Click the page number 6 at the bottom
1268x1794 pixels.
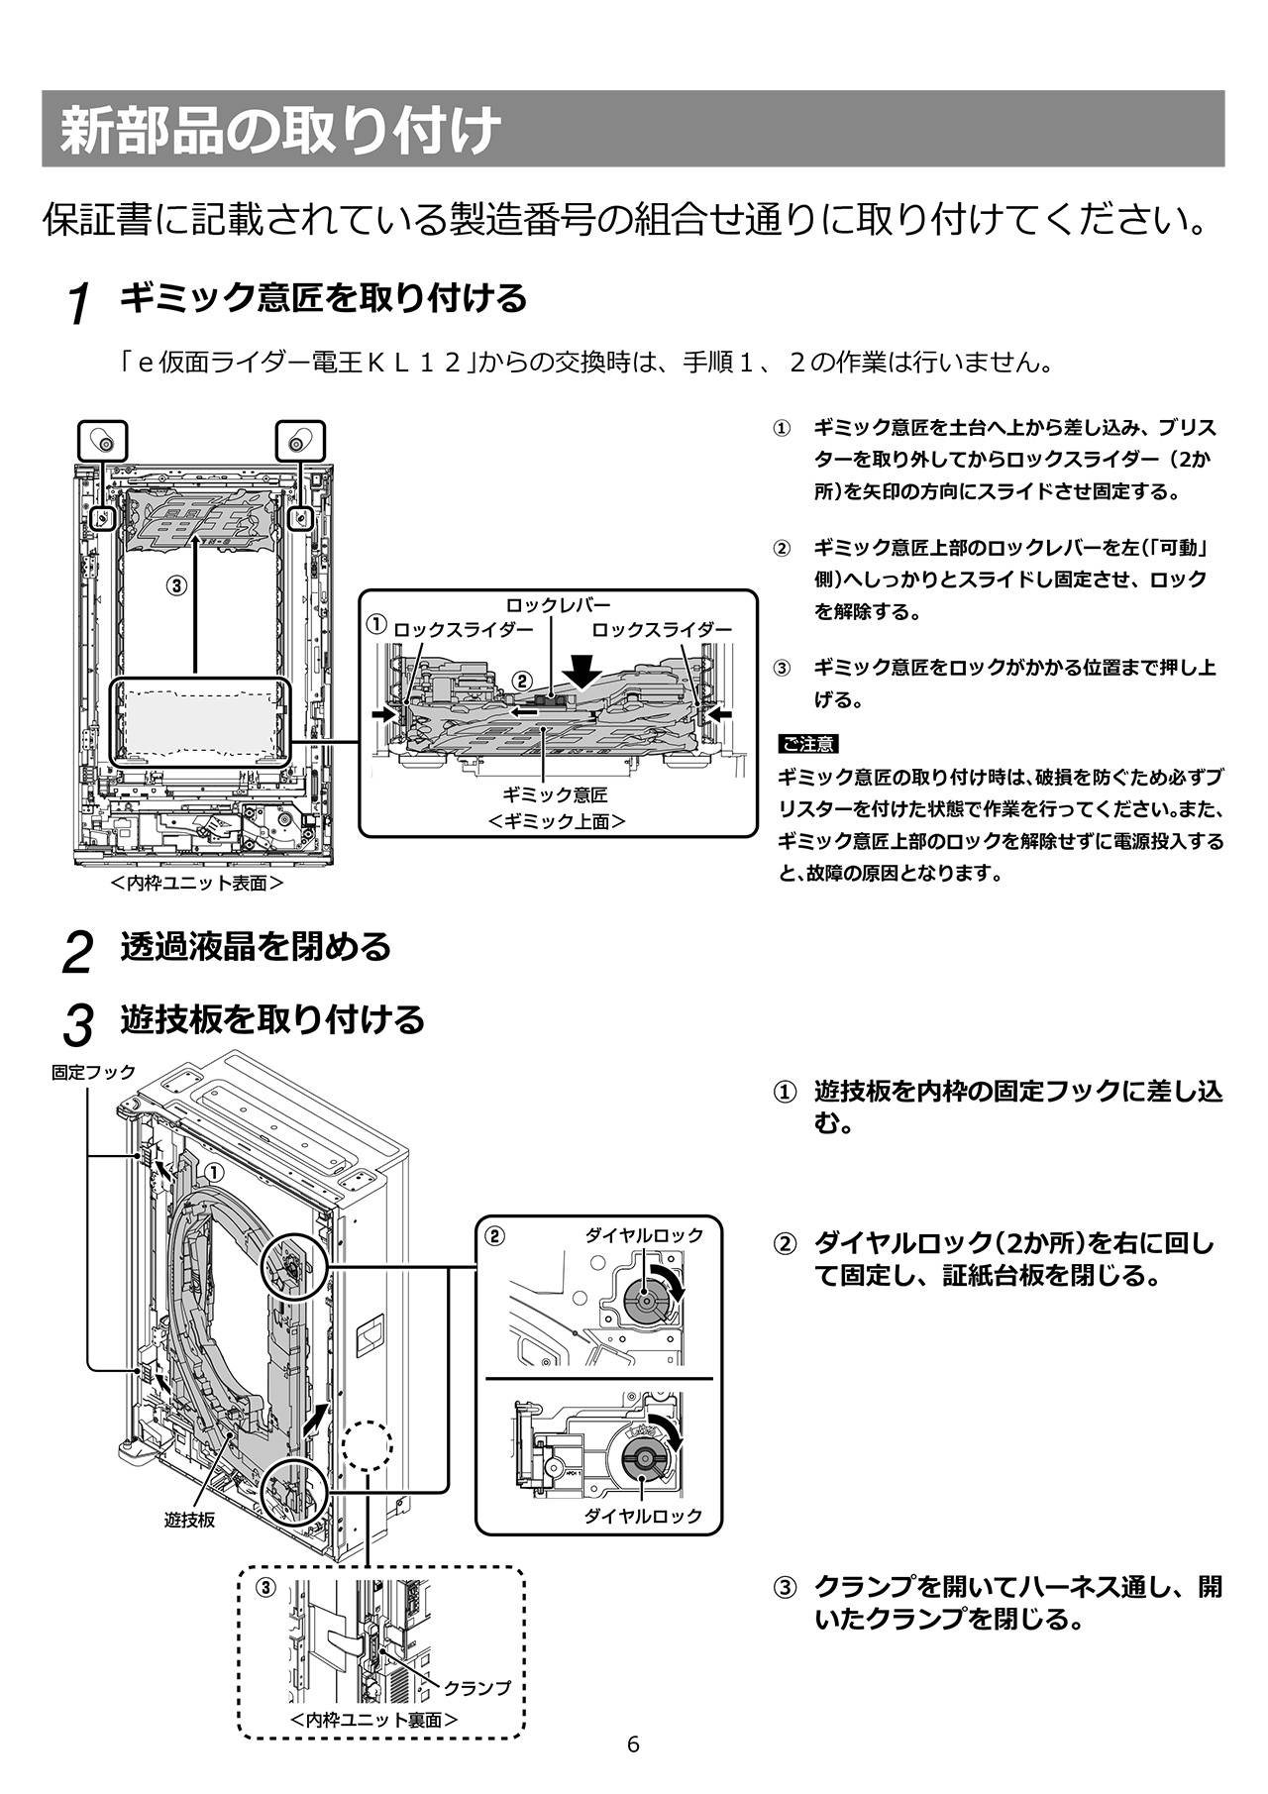point(633,1744)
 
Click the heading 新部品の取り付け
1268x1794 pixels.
point(278,131)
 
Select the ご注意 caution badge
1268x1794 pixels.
point(808,744)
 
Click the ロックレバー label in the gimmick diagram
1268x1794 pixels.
point(558,605)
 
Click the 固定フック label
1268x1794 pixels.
point(93,1072)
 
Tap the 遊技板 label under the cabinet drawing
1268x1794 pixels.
point(189,1520)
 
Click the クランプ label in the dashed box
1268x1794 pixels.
point(476,1687)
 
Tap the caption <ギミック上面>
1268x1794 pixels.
point(557,820)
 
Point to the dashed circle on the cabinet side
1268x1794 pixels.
point(368,1445)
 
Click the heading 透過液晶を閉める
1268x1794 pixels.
point(256,947)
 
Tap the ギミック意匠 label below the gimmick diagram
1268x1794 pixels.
point(555,794)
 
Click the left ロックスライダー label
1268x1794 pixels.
point(464,629)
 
